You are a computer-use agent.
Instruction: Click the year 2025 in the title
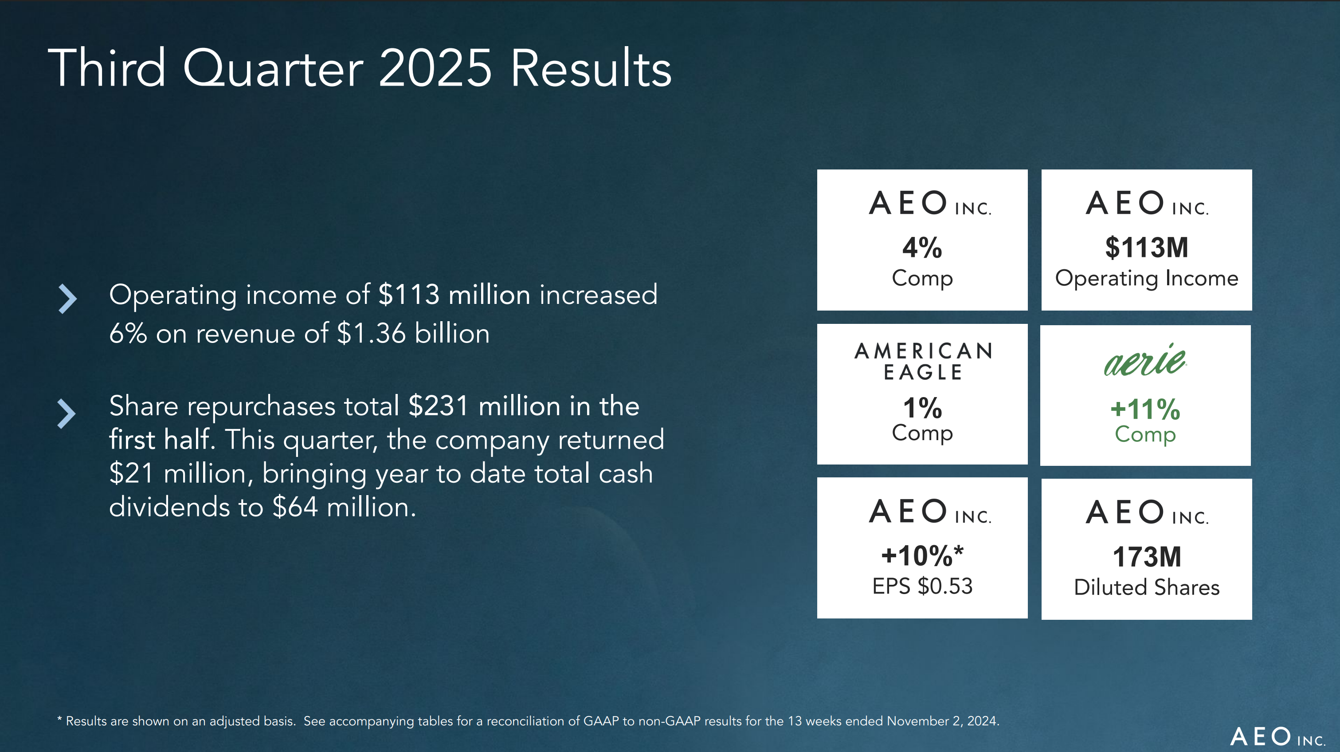pyautogui.click(x=435, y=69)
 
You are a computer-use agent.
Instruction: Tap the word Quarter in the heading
pyautogui.click(x=273, y=69)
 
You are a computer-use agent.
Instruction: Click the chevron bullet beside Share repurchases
pyautogui.click(x=66, y=414)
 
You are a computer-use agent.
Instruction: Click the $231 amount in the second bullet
pyautogui.click(x=439, y=406)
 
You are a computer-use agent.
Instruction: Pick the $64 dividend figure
pyautogui.click(x=294, y=506)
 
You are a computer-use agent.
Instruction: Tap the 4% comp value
pyautogui.click(x=922, y=247)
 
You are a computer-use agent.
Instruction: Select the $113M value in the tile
pyautogui.click(x=1147, y=247)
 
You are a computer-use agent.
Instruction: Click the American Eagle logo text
pyautogui.click(x=923, y=361)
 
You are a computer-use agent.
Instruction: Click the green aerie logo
pyautogui.click(x=1145, y=360)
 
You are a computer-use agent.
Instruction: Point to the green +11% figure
pyautogui.click(x=1145, y=409)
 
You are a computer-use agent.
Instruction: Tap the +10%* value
pyautogui.click(x=922, y=555)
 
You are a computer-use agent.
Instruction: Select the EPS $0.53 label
pyautogui.click(x=922, y=586)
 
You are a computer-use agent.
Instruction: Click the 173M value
pyautogui.click(x=1147, y=557)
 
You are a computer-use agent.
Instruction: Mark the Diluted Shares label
pyautogui.click(x=1147, y=587)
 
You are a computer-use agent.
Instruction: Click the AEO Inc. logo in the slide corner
pyautogui.click(x=1277, y=737)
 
